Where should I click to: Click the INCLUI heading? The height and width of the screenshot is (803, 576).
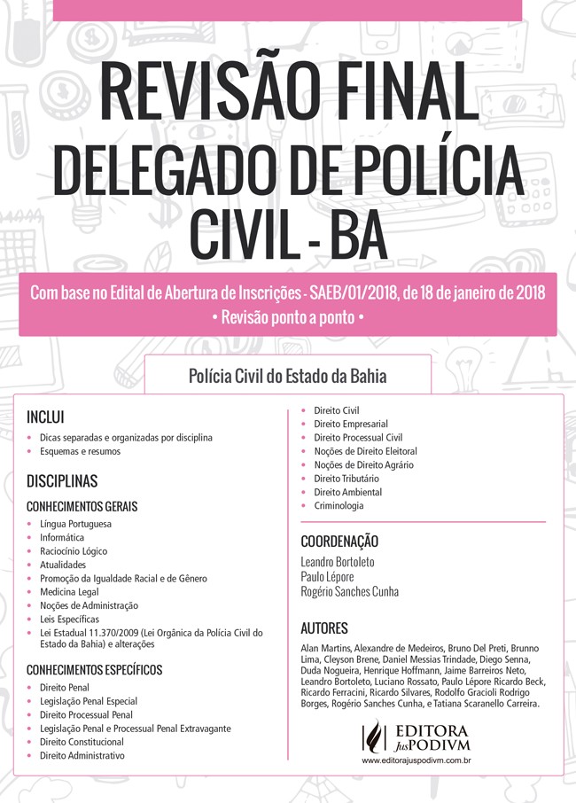[x=45, y=417]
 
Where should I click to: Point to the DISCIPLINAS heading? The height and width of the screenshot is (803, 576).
[x=62, y=481]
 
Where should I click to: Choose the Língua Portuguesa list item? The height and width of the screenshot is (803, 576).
[x=75, y=524]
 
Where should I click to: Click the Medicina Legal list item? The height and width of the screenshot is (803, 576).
[x=69, y=591]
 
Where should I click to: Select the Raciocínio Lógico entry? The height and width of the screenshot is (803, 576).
[x=74, y=550]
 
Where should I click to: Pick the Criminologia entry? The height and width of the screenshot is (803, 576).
[x=339, y=505]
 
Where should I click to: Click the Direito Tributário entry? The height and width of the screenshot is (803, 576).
[x=346, y=478]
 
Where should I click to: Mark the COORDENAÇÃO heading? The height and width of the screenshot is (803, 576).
[x=339, y=541]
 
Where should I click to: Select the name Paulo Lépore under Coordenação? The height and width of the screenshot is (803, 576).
[x=327, y=576]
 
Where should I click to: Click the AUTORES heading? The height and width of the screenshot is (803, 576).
[x=324, y=628]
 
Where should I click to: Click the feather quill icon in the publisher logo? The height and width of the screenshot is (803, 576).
[x=376, y=735]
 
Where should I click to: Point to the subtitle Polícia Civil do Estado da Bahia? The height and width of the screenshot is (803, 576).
[x=287, y=375]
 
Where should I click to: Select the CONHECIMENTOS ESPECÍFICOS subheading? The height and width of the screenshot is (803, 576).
[x=95, y=669]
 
